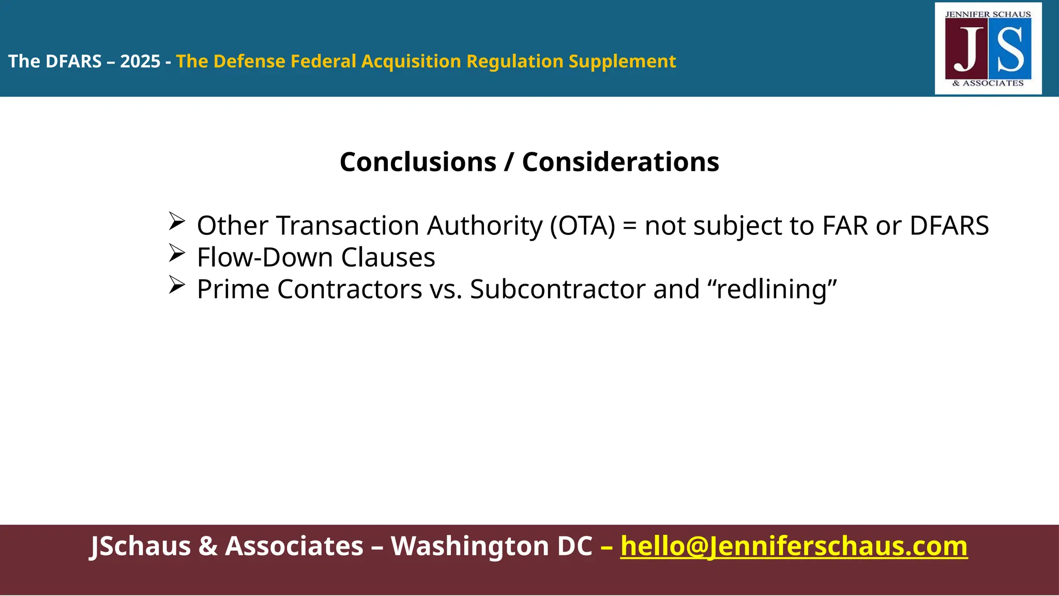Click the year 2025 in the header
pyautogui.click(x=140, y=62)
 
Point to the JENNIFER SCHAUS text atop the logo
pyautogui.click(x=988, y=14)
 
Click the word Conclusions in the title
pyautogui.click(x=418, y=162)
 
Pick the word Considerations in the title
pyautogui.click(x=621, y=162)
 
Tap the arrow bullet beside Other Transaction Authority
pyautogui.click(x=177, y=222)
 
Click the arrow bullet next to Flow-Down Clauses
pyautogui.click(x=177, y=254)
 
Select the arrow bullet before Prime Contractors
pyautogui.click(x=177, y=285)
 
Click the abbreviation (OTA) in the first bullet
pyautogui.click(x=583, y=226)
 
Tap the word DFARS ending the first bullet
pyautogui.click(x=949, y=226)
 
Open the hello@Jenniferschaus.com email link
pyautogui.click(x=794, y=546)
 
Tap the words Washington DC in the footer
pyautogui.click(x=491, y=546)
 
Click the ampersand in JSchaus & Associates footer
pyautogui.click(x=208, y=546)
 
